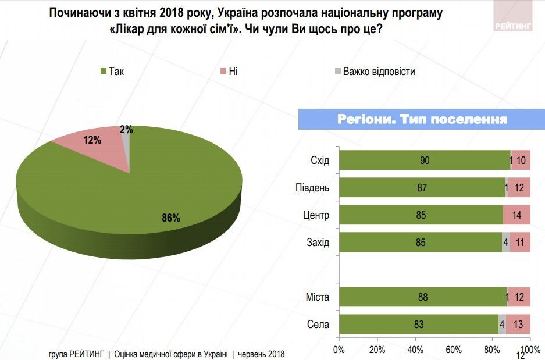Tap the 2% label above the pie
point(126,130)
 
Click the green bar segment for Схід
point(425,161)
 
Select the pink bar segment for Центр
point(517,215)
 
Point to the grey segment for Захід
point(506,243)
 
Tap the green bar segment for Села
point(419,325)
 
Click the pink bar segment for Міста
point(519,297)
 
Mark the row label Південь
point(312,188)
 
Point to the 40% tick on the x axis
point(415,350)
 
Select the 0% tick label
point(339,350)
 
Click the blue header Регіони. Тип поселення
point(422,119)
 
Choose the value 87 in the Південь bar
point(422,188)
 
